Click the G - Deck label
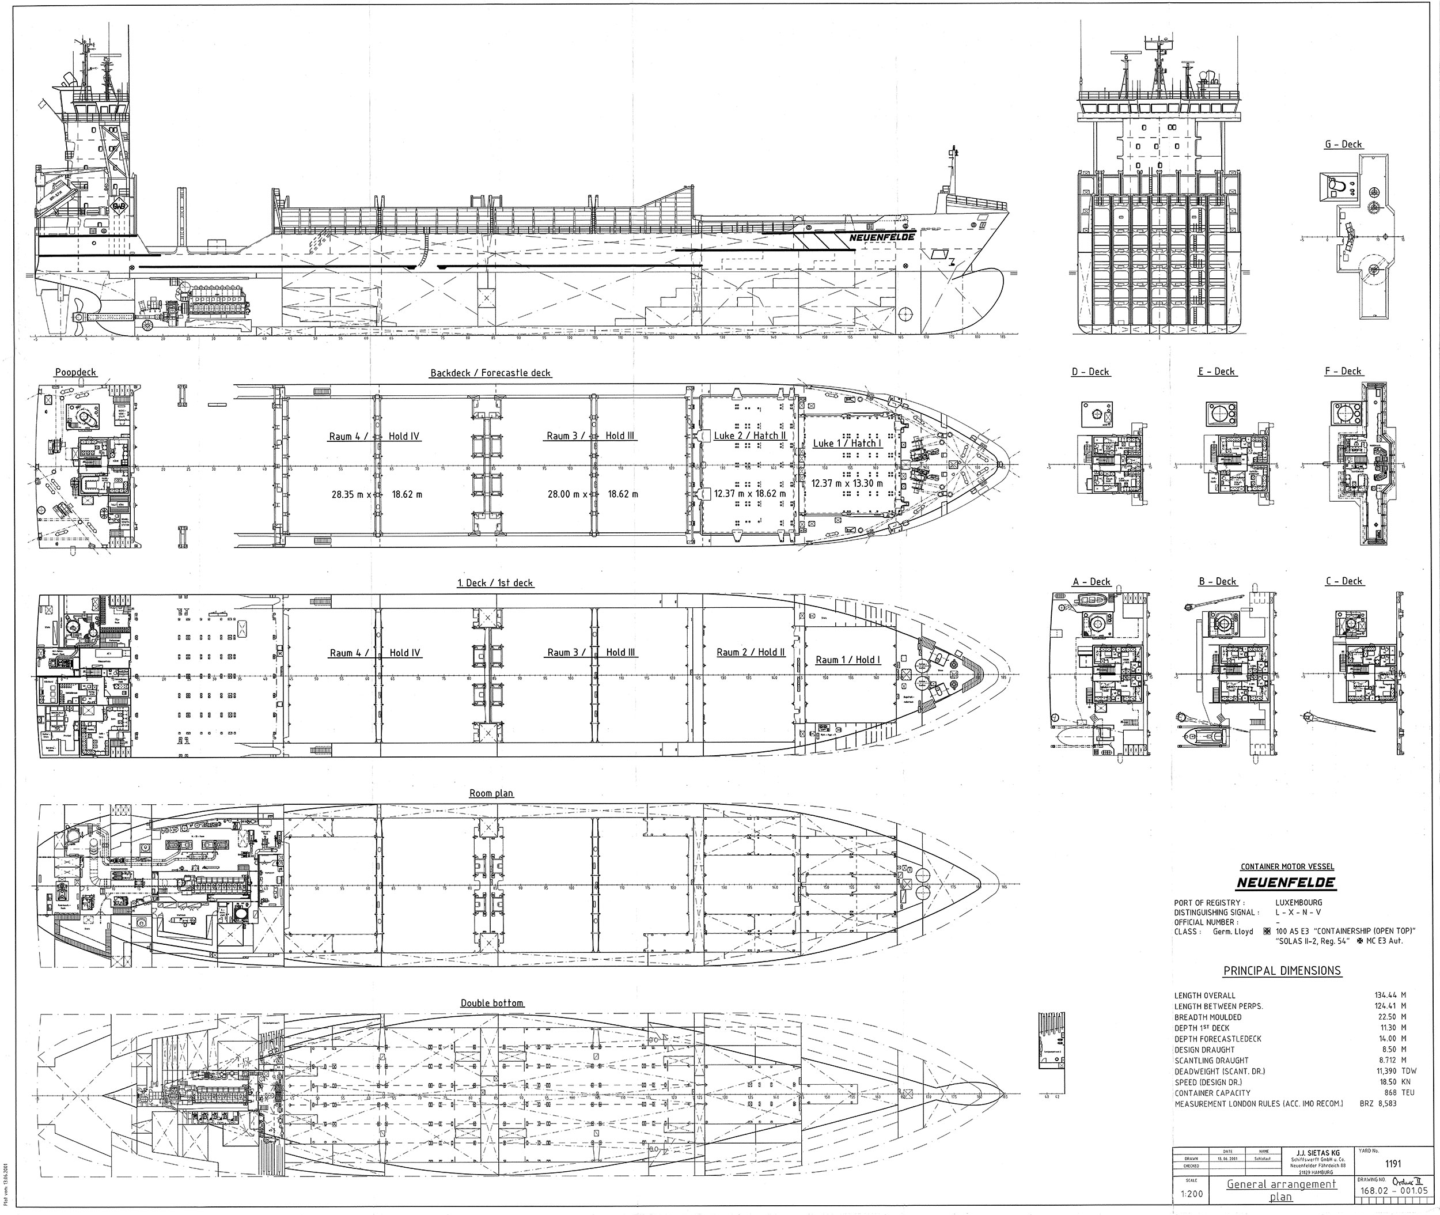[x=1343, y=144]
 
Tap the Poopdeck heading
[x=76, y=372]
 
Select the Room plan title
[x=491, y=793]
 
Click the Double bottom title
[x=492, y=1003]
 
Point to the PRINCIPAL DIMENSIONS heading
[x=1282, y=971]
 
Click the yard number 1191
[x=1393, y=1164]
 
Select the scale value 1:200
[x=1193, y=1194]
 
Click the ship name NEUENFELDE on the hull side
[x=881, y=237]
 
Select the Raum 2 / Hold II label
[x=751, y=652]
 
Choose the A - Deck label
[x=1092, y=581]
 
